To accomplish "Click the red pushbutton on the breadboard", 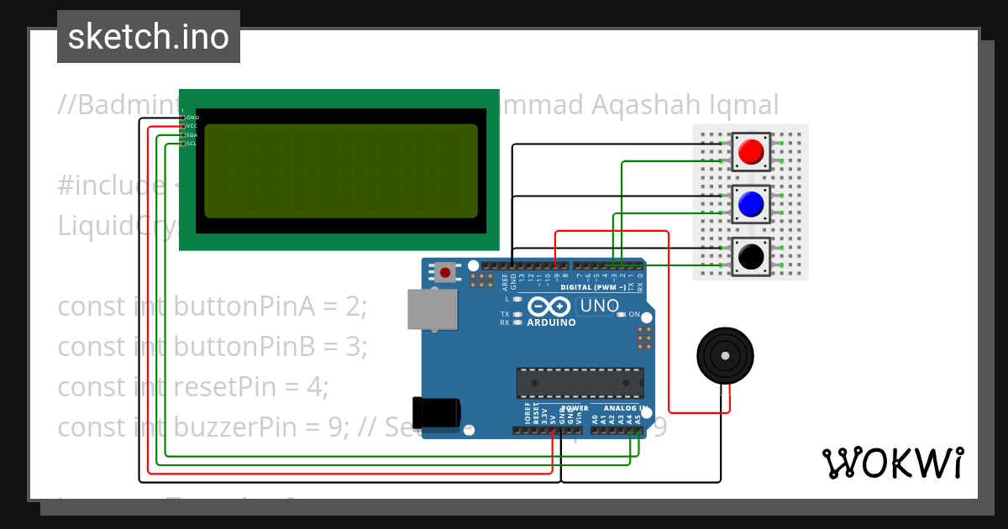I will point(751,152).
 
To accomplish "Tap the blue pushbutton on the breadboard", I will point(751,204).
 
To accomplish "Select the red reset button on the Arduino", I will point(444,272).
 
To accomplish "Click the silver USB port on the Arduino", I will point(432,310).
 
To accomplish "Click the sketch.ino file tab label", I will point(149,37).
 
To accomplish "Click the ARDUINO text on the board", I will point(551,322).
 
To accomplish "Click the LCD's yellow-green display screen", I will point(341,170).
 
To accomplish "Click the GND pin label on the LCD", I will point(192,118).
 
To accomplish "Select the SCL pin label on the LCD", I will point(192,144).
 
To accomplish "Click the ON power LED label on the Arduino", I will point(634,315).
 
